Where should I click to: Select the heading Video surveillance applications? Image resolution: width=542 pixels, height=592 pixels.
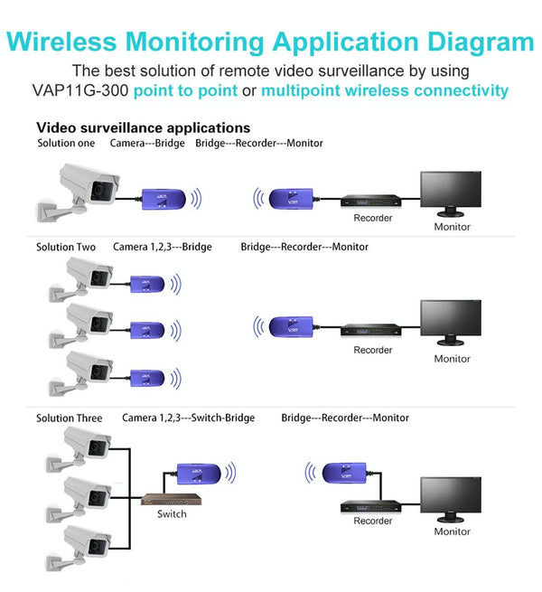[143, 127]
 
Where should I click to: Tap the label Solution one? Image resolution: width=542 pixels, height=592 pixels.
[66, 144]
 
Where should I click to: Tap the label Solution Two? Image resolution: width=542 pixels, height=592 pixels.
[66, 247]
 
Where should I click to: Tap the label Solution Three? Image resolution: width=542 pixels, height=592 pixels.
[70, 418]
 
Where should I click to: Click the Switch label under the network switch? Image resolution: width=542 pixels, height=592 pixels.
[172, 514]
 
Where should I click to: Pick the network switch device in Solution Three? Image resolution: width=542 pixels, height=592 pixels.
[171, 499]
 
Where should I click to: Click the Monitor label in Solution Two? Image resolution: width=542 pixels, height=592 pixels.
[452, 359]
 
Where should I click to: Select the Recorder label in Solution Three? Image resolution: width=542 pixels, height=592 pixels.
[373, 522]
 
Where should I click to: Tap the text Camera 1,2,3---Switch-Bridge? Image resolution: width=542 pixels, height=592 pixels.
[188, 418]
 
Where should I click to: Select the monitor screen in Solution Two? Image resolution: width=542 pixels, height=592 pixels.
[452, 319]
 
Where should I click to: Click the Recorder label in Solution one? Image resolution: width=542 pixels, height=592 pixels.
[373, 218]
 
